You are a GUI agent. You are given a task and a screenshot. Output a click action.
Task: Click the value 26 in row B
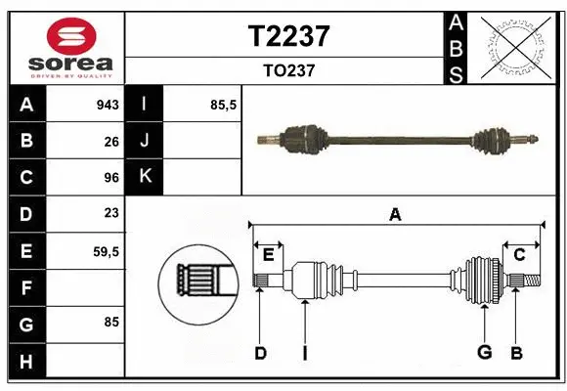[x=111, y=142]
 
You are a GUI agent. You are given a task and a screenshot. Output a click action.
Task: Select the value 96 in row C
[x=111, y=178]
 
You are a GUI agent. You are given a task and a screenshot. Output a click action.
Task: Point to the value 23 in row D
[x=111, y=213]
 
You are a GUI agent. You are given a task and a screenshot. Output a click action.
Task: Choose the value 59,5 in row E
[x=106, y=250]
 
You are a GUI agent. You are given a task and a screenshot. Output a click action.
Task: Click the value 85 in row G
[x=111, y=322]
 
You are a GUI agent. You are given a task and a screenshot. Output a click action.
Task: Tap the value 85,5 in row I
[x=224, y=105]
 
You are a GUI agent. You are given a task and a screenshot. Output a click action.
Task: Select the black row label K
[x=145, y=177]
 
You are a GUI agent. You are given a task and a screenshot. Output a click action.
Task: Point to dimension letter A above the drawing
[x=395, y=214]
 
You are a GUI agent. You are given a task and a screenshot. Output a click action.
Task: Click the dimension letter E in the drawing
[x=268, y=255]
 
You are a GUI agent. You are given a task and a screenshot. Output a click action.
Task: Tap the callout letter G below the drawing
[x=483, y=352]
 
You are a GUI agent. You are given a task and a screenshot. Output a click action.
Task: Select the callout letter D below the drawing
[x=260, y=353]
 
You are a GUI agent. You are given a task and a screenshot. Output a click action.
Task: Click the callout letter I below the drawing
[x=304, y=353]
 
